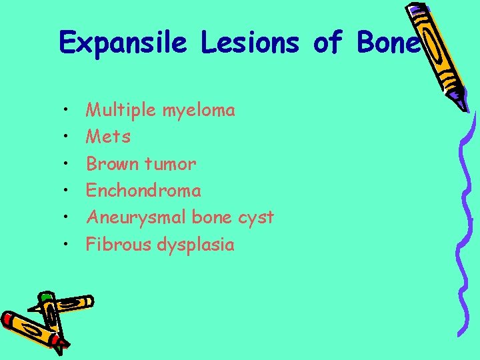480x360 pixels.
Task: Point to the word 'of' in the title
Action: pyautogui.click(x=327, y=43)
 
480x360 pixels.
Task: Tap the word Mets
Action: pyautogui.click(x=109, y=137)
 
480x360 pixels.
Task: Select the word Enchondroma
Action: pyautogui.click(x=143, y=191)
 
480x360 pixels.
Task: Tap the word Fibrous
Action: pyautogui.click(x=119, y=245)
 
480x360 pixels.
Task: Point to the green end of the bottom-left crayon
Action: pyautogui.click(x=46, y=297)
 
